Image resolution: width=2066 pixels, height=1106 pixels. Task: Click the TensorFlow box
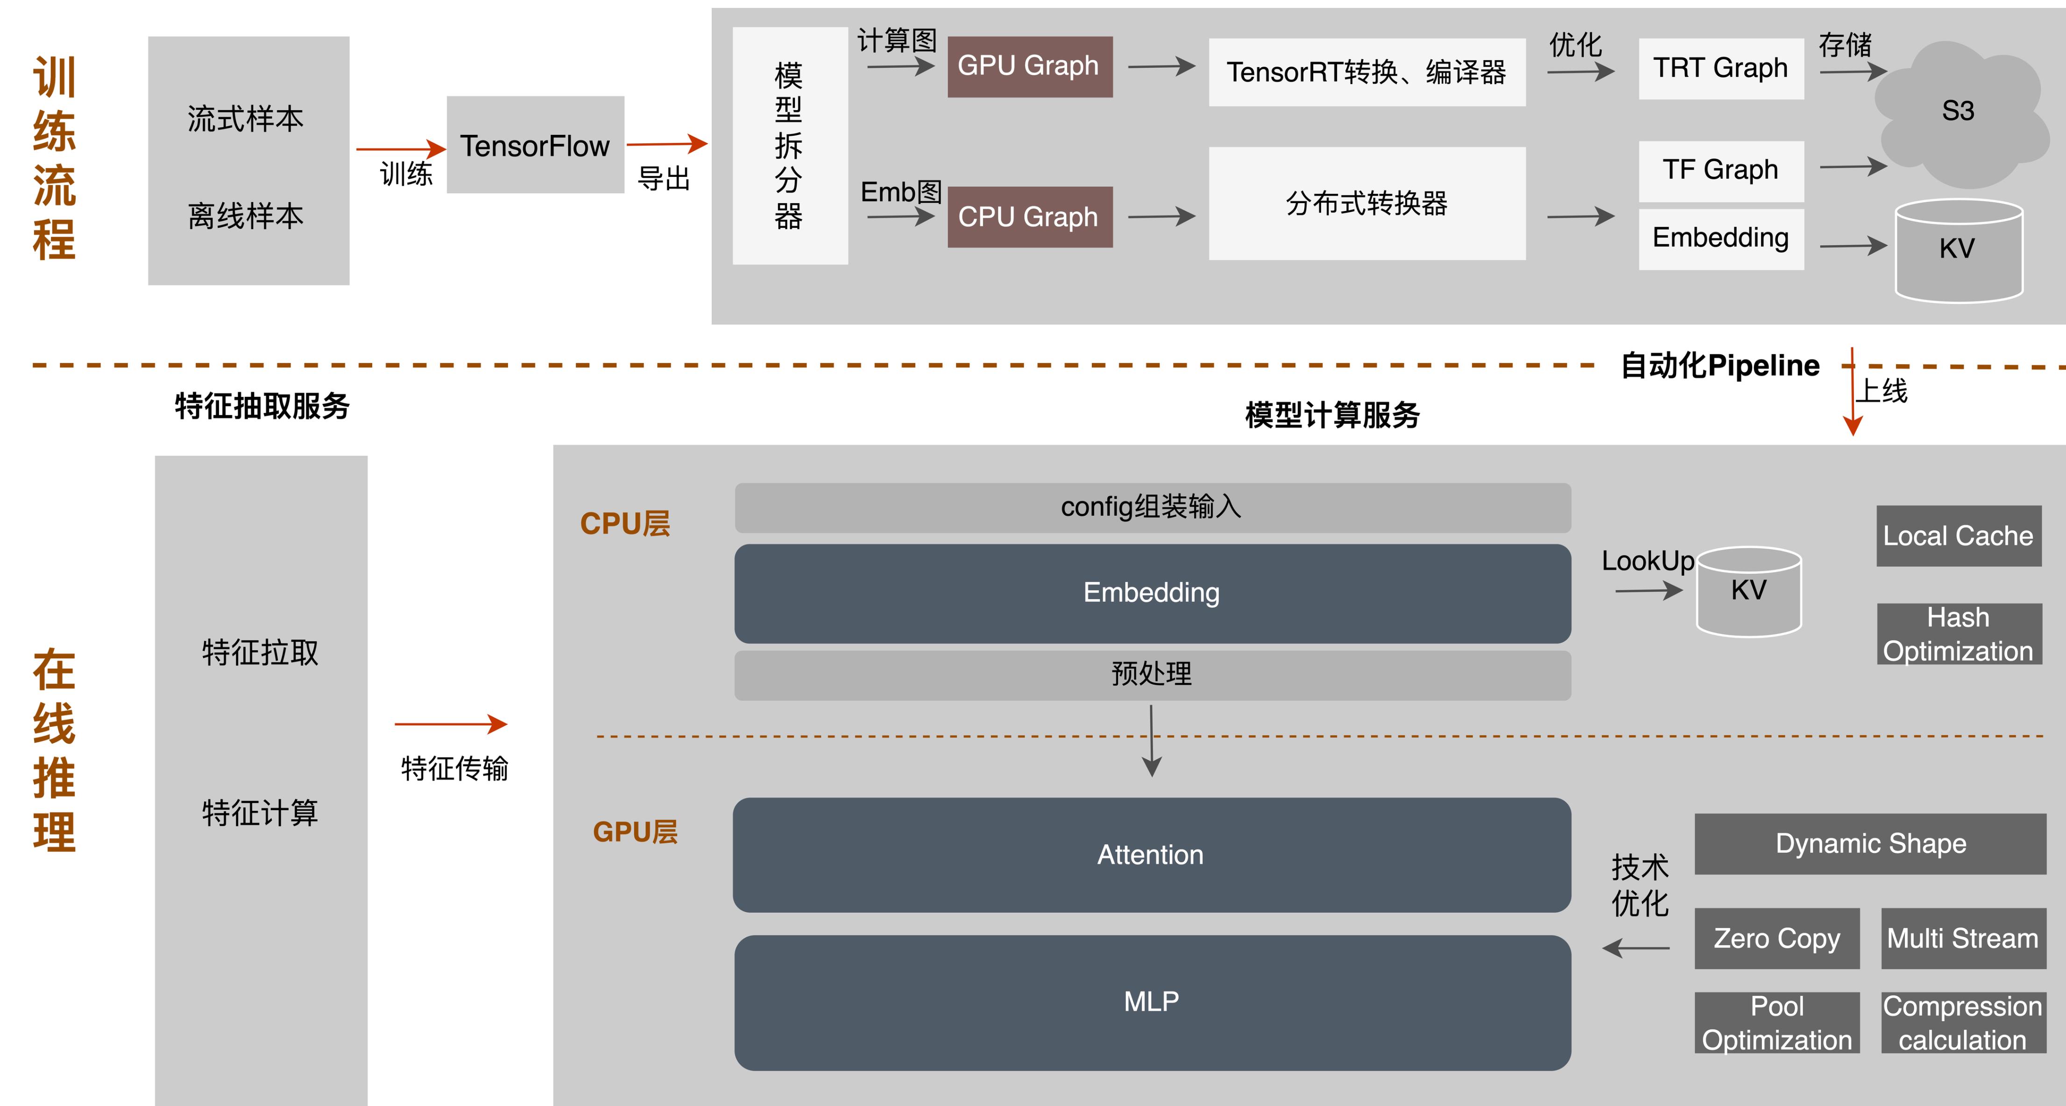pos(535,145)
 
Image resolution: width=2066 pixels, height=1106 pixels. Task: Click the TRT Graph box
pos(1720,68)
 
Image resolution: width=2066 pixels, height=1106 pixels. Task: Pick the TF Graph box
pos(1720,170)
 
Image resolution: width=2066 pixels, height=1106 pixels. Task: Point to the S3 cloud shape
pos(1957,113)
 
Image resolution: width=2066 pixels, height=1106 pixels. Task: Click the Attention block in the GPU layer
pos(1151,855)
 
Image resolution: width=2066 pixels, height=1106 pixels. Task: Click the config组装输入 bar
pos(1152,507)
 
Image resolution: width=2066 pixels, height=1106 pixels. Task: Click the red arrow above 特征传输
pos(451,724)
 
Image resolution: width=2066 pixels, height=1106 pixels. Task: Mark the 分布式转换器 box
pos(1366,204)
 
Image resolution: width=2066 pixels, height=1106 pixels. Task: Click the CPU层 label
pos(625,524)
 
